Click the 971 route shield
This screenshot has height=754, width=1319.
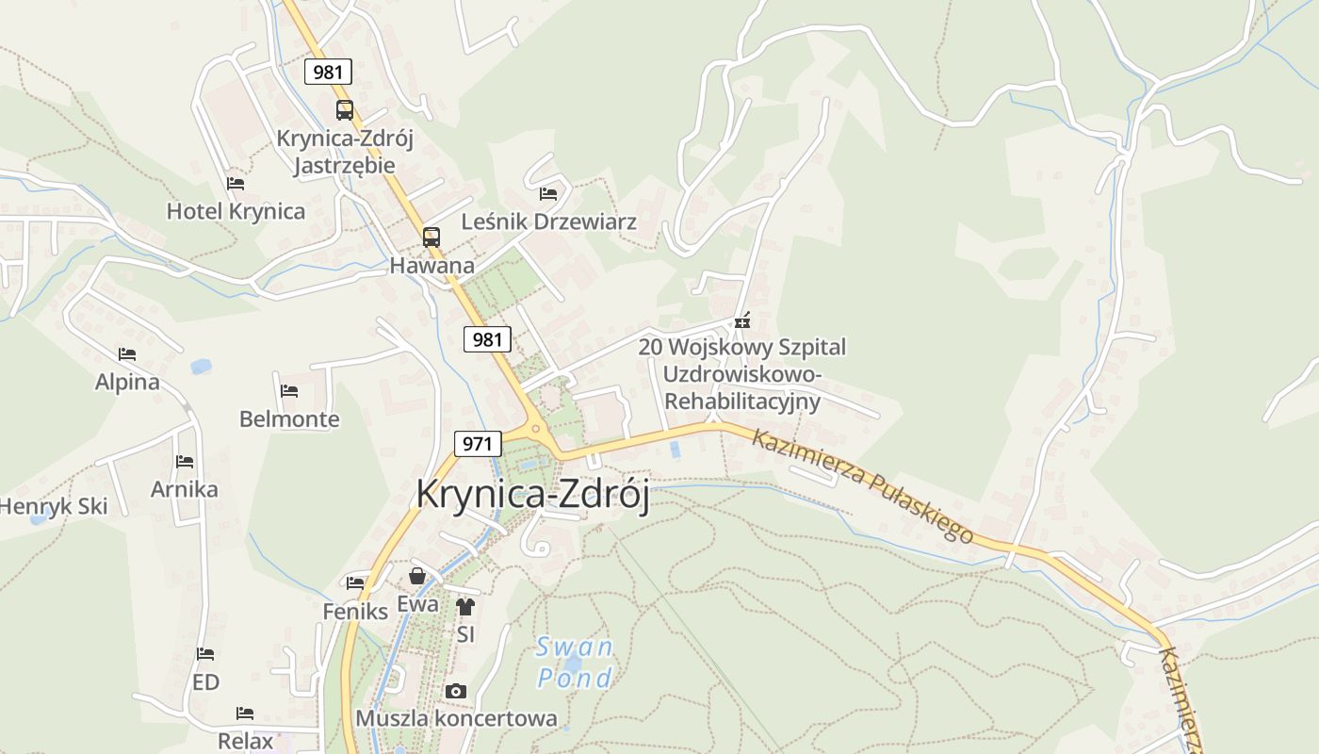tap(478, 443)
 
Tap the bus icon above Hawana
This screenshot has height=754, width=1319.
tap(431, 237)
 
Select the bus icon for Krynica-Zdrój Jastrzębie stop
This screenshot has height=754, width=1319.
tap(345, 109)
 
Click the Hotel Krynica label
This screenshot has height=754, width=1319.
tap(236, 211)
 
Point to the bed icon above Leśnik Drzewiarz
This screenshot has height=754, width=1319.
tap(548, 194)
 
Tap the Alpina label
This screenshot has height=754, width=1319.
tap(127, 382)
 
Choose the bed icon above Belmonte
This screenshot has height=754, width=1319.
tap(289, 390)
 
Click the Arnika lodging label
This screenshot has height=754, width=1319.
tap(185, 489)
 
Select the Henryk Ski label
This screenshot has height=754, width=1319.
tap(53, 506)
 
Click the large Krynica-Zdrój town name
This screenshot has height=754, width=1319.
tap(532, 496)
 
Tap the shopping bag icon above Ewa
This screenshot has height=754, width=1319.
tap(417, 576)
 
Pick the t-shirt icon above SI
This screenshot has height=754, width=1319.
tap(465, 607)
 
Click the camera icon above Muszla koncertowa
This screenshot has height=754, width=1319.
tap(456, 692)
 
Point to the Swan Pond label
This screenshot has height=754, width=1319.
tap(575, 663)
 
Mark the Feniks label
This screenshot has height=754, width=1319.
tap(355, 611)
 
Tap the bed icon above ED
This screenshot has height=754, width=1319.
tap(205, 654)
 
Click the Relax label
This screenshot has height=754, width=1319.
tap(245, 741)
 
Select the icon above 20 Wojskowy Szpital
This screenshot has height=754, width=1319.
tap(742, 320)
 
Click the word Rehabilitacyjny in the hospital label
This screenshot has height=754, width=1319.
tap(742, 401)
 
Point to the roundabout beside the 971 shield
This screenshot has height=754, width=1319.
tap(536, 430)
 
